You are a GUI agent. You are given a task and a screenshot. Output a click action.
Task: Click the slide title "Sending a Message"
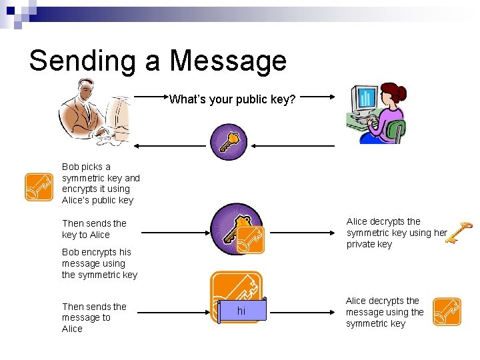click(x=157, y=61)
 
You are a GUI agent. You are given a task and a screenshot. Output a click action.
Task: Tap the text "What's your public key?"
click(x=232, y=100)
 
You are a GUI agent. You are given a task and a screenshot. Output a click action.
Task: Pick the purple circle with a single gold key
click(x=229, y=141)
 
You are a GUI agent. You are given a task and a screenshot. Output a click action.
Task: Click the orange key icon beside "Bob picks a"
click(x=39, y=187)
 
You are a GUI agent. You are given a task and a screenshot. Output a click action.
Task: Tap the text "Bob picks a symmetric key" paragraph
click(x=101, y=183)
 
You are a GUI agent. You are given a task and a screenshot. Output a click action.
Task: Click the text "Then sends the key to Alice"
click(x=94, y=229)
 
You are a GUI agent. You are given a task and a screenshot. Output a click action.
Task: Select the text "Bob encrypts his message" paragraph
click(x=99, y=263)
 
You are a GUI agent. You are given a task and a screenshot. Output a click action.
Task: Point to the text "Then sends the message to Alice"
click(x=94, y=317)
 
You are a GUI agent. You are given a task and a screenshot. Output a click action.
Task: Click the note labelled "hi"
click(x=241, y=311)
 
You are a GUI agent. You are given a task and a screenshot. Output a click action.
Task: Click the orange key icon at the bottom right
click(x=447, y=311)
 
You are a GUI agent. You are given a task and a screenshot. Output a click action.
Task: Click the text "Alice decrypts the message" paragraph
click(x=385, y=312)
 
